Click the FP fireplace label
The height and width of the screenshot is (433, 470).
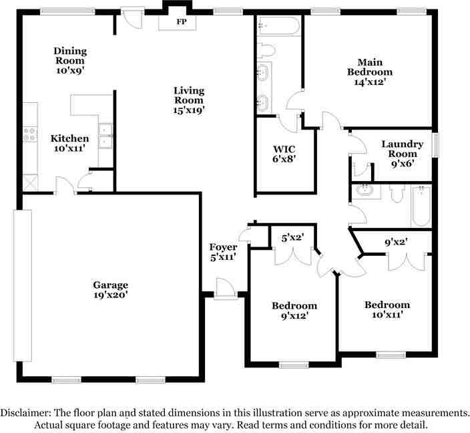pyautogui.click(x=180, y=22)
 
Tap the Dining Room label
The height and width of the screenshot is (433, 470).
pyautogui.click(x=70, y=59)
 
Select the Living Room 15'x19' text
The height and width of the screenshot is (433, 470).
pyautogui.click(x=189, y=100)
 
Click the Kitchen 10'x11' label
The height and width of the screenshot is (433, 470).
pyautogui.click(x=69, y=143)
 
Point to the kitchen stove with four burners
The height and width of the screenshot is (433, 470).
pyautogui.click(x=31, y=136)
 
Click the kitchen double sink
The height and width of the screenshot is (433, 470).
pyautogui.click(x=105, y=135)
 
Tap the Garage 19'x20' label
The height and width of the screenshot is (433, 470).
pyautogui.click(x=110, y=289)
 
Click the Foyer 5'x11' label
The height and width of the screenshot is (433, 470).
pyautogui.click(x=222, y=252)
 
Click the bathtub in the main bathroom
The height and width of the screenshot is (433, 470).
pyautogui.click(x=278, y=27)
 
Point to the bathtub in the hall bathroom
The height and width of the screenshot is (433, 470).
pyautogui.click(x=421, y=206)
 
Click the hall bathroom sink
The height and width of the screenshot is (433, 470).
pyautogui.click(x=365, y=191)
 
